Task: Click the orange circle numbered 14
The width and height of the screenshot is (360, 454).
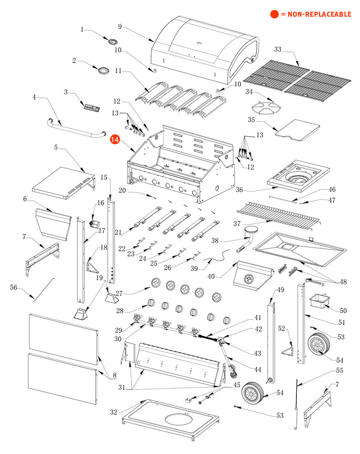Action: (x=115, y=140)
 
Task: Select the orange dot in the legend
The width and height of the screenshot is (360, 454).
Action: (x=274, y=14)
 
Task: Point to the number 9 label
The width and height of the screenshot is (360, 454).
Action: (x=120, y=27)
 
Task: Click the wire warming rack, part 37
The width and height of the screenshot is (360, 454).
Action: (x=277, y=212)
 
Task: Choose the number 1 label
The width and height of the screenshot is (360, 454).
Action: (x=82, y=29)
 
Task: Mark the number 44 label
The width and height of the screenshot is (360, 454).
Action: (x=258, y=369)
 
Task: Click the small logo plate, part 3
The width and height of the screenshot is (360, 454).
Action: (x=92, y=107)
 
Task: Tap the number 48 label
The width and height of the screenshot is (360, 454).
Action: (x=344, y=282)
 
